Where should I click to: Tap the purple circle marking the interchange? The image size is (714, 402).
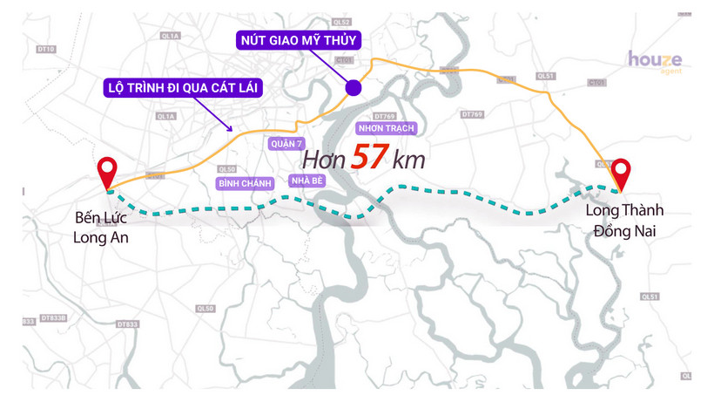(x=354, y=87)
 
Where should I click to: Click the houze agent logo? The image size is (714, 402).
(x=655, y=62)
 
